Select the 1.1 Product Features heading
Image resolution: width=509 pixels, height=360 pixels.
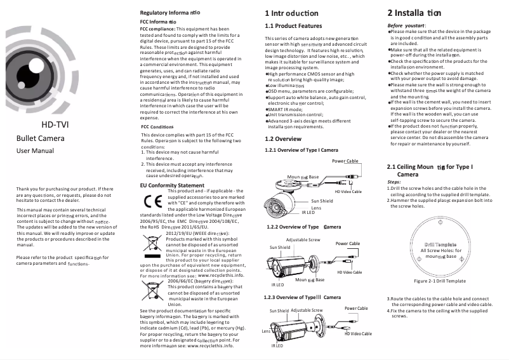point(293,26)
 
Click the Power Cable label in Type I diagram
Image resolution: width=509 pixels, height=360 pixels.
point(345,161)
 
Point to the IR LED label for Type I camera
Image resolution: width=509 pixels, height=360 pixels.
point(308,212)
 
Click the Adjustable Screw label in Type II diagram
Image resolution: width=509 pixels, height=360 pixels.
point(303,240)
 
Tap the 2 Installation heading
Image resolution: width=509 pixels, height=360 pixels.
point(423,13)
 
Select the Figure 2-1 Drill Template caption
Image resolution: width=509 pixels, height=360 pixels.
point(439,281)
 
